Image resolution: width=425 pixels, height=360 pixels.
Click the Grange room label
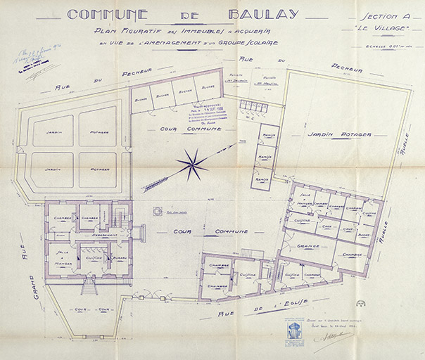click(308, 246)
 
